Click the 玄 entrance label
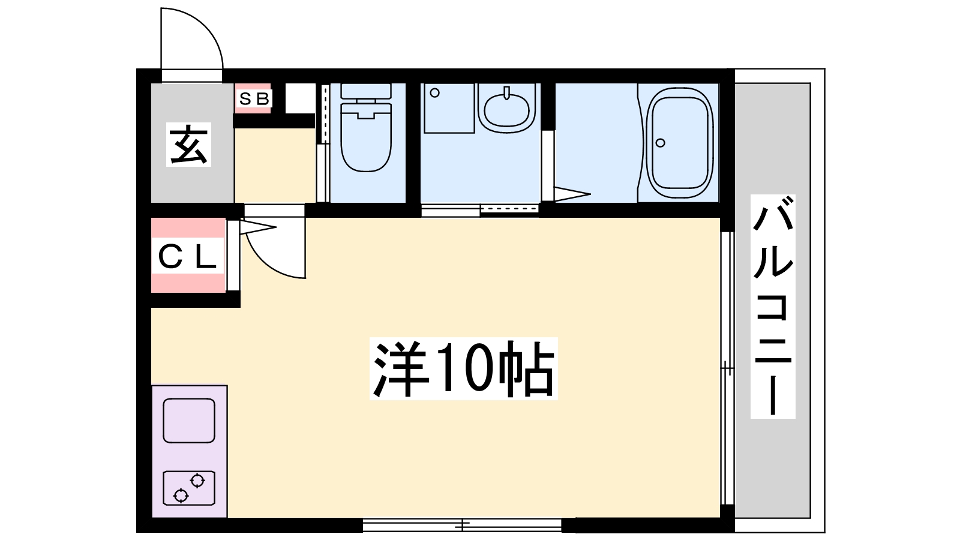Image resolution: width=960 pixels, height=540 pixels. pos(189,145)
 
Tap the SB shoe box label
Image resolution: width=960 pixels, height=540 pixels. pos(254,99)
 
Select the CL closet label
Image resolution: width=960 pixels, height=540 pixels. pos(187,258)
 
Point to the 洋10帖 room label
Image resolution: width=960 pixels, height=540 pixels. pos(463,368)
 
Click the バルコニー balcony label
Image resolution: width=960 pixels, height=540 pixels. pos(773,306)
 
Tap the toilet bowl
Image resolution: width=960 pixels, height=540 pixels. pos(365,141)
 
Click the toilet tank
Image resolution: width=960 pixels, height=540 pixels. pos(365,91)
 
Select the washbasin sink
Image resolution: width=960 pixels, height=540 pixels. pos(507,109)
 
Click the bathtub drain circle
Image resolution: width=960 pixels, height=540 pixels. pos(661,143)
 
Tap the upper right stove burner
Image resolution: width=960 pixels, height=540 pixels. pos(197,480)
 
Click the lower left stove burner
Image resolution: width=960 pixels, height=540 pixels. pos(180,495)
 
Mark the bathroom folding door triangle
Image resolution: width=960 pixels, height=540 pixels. pos(570,194)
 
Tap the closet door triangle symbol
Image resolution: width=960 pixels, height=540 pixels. pos(257,227)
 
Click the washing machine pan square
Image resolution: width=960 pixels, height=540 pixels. pos(449,108)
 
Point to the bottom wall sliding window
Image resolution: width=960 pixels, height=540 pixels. pos(462,526)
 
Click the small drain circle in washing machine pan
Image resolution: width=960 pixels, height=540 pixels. pos(435,93)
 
